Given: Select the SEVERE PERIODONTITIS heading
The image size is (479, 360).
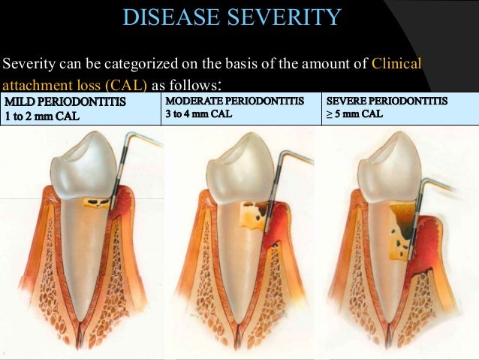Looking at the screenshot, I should [387, 101].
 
